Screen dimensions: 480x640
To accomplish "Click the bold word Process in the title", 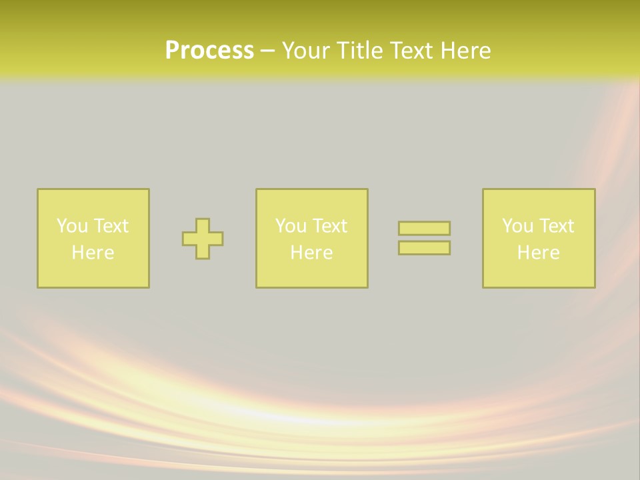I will [x=209, y=51].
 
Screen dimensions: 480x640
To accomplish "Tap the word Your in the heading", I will [x=305, y=51].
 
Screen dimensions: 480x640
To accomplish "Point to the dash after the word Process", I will [x=267, y=51].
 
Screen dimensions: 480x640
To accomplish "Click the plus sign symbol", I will [x=203, y=239].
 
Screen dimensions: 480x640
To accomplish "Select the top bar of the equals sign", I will [x=424, y=229].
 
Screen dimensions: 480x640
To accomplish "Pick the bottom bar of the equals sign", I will [x=424, y=248].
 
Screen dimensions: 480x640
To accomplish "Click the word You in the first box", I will [x=72, y=226].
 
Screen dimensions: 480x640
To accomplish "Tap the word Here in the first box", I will [x=93, y=253].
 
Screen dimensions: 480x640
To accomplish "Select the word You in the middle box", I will [x=291, y=226].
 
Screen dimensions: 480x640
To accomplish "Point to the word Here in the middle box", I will [x=311, y=253].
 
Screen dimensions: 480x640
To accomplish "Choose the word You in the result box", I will [x=517, y=226].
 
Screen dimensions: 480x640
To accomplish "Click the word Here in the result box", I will [x=538, y=253].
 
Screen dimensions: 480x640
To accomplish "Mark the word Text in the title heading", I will [x=412, y=51].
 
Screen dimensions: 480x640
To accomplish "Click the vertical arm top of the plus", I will [x=203, y=225].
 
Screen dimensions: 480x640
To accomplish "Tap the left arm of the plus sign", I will [x=189, y=239].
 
